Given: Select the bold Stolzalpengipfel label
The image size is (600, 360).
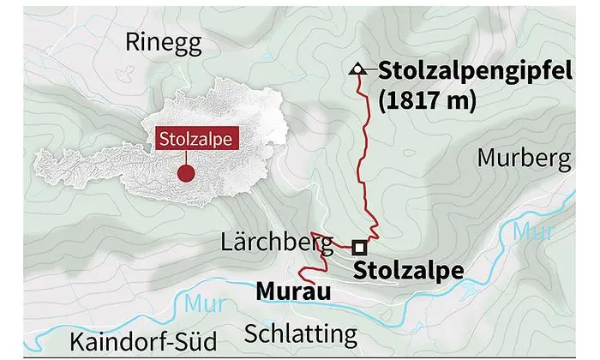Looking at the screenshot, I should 474,70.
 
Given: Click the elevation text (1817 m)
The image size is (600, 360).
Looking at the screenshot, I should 426,99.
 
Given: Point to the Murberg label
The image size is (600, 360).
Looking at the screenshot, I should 523,159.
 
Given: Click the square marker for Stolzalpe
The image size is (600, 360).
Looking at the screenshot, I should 357,247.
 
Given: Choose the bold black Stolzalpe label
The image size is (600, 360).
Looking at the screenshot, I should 408,271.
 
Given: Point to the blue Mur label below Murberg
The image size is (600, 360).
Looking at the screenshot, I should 528,229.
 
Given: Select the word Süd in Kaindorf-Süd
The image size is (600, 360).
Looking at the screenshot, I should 195,338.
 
